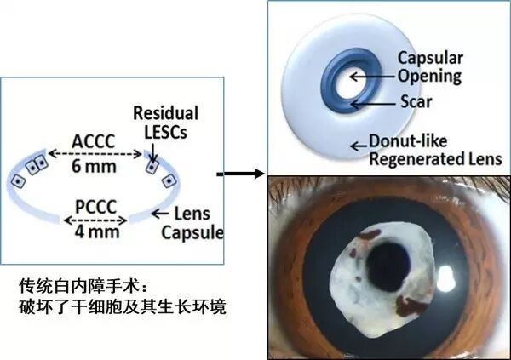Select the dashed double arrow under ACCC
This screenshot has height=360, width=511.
93,153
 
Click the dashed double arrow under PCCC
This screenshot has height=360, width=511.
95,219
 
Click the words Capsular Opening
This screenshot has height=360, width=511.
428,67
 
